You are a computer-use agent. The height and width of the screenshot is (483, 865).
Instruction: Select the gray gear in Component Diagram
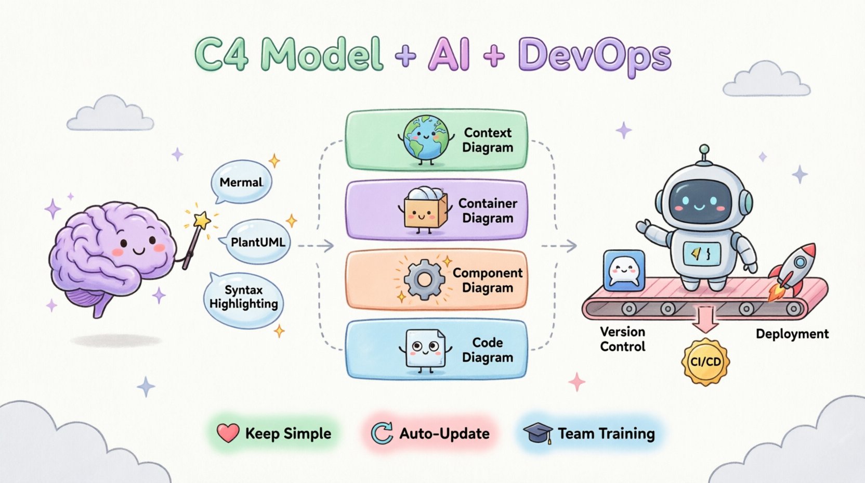(x=424, y=280)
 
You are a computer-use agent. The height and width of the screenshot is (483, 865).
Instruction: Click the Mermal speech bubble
(x=241, y=182)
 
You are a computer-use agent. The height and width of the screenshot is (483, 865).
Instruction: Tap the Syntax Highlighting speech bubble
(x=243, y=299)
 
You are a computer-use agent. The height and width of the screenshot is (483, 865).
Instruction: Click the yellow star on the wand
(x=202, y=220)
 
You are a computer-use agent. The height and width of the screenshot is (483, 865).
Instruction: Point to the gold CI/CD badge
(x=705, y=361)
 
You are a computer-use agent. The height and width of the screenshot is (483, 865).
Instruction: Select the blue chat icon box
(x=624, y=270)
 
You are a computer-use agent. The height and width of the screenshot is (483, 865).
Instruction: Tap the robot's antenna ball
(x=704, y=149)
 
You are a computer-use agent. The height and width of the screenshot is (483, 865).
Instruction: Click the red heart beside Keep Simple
(x=228, y=433)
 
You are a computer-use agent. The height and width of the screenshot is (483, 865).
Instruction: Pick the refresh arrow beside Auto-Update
(x=382, y=433)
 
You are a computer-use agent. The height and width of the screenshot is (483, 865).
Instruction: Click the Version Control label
(x=622, y=339)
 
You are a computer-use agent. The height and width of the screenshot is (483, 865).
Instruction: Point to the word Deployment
(x=792, y=334)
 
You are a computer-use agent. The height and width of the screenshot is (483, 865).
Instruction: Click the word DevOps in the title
(x=594, y=56)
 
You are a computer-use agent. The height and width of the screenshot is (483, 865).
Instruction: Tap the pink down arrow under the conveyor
(x=705, y=319)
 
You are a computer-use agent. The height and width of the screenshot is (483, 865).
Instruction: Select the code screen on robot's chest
(x=701, y=253)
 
